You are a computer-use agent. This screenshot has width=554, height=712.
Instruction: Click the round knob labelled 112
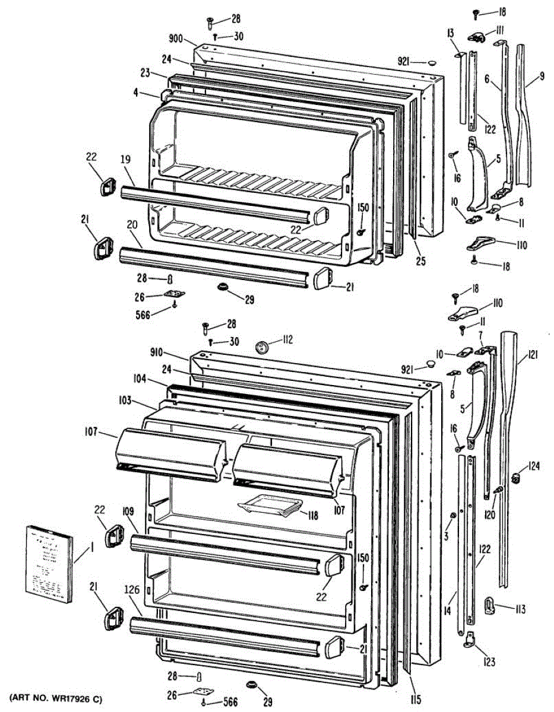click(261, 345)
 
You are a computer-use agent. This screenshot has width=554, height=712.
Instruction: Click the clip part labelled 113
click(493, 606)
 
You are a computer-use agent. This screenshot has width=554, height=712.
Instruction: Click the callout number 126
click(133, 606)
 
